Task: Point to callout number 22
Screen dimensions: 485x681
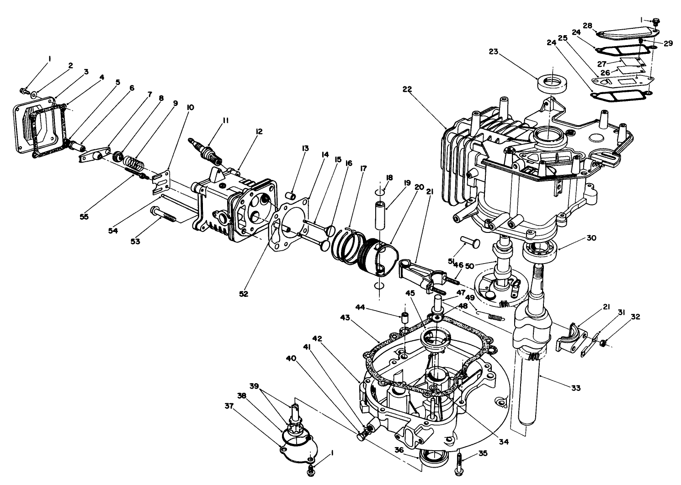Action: click(x=407, y=89)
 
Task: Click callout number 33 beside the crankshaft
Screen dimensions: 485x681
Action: click(x=575, y=388)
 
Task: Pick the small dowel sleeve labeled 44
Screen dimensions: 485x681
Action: click(x=404, y=317)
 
